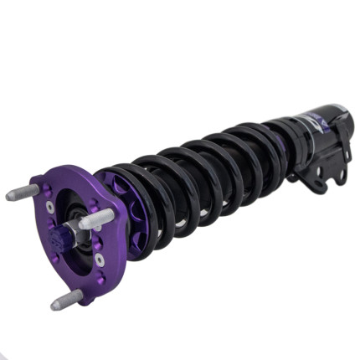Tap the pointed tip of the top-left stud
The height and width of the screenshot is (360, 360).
9,197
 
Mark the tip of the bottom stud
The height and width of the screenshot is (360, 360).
55,305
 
